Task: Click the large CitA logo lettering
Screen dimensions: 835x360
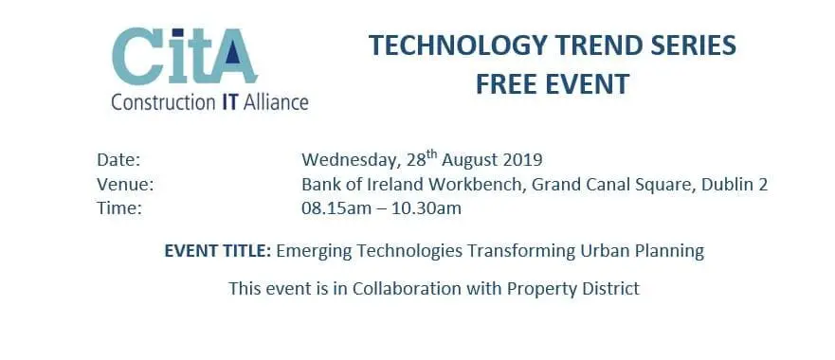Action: click(184, 56)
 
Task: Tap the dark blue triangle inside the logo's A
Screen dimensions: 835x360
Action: click(232, 53)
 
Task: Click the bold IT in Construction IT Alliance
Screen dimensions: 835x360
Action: click(230, 101)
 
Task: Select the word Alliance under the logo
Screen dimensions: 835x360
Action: click(276, 101)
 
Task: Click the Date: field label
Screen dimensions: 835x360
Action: click(118, 159)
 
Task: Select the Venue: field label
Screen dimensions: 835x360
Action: click(124, 184)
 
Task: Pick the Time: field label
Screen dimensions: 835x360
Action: click(119, 208)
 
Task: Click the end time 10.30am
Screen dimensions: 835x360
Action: click(427, 208)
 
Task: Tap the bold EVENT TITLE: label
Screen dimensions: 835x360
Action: click(218, 251)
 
